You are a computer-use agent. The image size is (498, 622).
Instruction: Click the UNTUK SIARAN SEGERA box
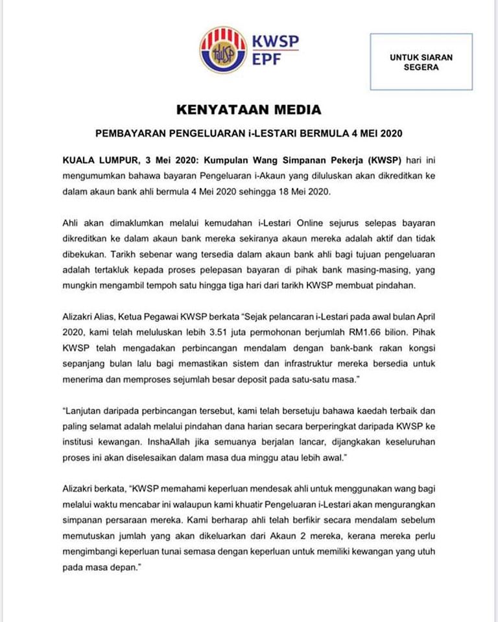[x=421, y=62]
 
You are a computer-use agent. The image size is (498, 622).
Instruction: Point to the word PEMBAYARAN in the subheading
[x=128, y=134]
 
